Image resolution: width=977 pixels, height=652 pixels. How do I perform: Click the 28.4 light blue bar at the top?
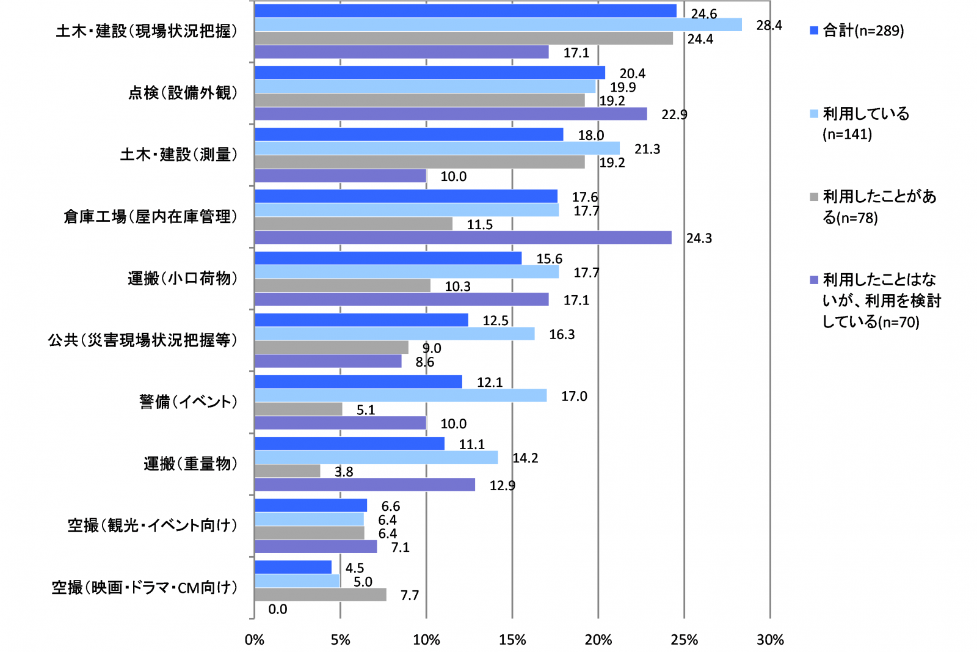tap(498, 24)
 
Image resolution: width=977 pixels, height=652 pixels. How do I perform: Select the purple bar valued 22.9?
tap(451, 114)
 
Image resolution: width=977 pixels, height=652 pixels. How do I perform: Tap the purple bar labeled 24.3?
tap(463, 238)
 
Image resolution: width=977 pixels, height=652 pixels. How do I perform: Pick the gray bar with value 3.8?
tap(287, 471)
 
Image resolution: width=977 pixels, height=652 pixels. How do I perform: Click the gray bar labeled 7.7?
tap(320, 595)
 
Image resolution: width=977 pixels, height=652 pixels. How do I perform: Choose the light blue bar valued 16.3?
tap(394, 334)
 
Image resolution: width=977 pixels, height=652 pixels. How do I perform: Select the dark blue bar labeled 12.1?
tap(358, 382)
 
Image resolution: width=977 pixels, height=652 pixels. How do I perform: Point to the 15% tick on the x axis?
tap(512, 640)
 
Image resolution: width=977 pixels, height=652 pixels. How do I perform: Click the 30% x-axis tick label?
tap(769, 640)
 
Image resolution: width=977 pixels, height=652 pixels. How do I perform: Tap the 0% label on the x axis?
tap(254, 640)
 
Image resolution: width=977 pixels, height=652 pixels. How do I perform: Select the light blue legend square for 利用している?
tap(814, 114)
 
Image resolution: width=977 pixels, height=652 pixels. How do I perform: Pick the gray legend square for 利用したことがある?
tap(814, 197)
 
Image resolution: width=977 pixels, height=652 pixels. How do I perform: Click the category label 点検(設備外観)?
tap(183, 93)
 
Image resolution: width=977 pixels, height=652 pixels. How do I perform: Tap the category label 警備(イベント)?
tap(188, 402)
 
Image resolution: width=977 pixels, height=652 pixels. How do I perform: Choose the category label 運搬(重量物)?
tap(191, 464)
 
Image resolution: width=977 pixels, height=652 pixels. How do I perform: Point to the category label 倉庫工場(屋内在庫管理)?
tap(150, 217)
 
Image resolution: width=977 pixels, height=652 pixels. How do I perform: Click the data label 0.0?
tap(277, 609)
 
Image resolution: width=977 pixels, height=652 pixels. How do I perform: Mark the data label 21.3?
tap(647, 149)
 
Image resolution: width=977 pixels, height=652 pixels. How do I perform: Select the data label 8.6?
tap(424, 362)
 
